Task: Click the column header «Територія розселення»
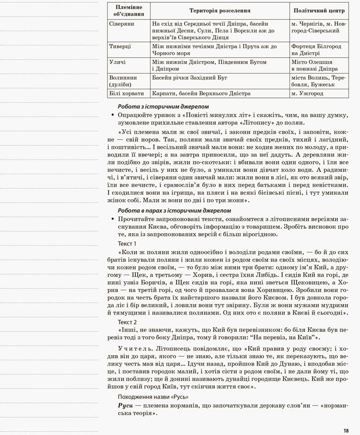tap(220, 10)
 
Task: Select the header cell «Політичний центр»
tap(319, 10)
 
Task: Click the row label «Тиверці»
tap(120, 46)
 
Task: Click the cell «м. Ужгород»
tap(307, 93)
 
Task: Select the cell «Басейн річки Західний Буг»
tap(190, 78)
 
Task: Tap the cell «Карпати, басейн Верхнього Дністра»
tap(201, 93)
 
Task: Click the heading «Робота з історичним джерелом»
tap(163, 106)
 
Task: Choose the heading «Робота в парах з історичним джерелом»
tap(174, 211)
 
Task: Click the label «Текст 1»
tap(127, 243)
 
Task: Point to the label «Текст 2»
tap(127, 322)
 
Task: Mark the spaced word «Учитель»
tap(133, 349)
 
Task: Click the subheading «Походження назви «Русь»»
tap(153, 397)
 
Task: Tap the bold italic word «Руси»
tap(126, 405)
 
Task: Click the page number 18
tap(346, 431)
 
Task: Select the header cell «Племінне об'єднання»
tap(128, 10)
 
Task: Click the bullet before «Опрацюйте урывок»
tap(113, 115)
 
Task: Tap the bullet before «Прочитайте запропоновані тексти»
tap(113, 219)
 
